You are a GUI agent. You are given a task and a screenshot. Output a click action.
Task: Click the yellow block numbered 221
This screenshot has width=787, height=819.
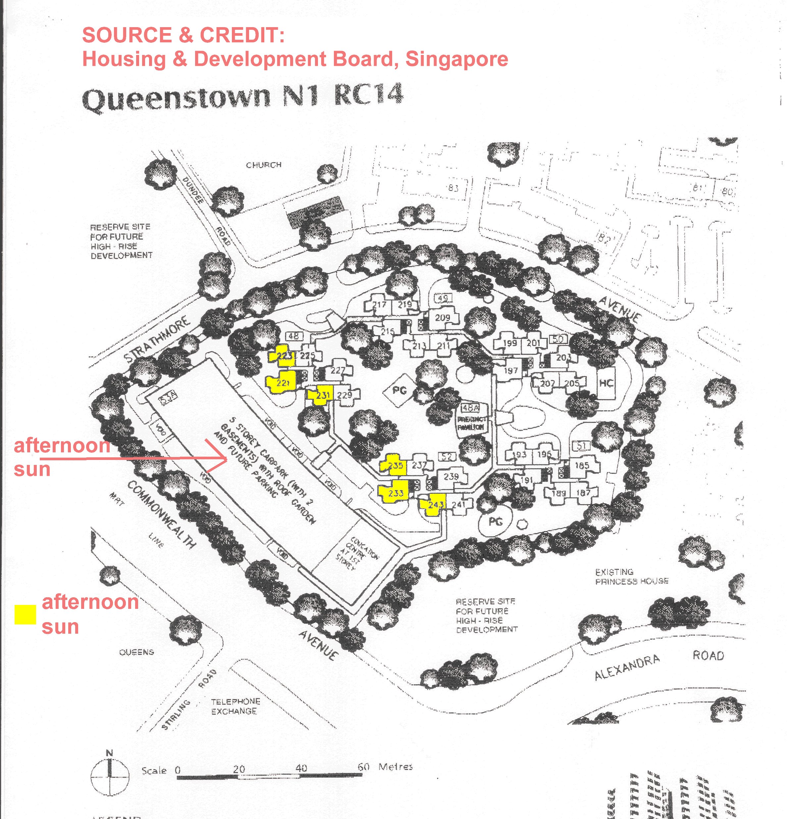pyautogui.click(x=282, y=382)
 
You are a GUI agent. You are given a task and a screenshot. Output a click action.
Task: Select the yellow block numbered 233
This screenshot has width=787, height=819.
pyautogui.click(x=395, y=493)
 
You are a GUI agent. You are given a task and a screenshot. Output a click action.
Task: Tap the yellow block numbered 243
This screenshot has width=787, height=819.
pyautogui.click(x=434, y=505)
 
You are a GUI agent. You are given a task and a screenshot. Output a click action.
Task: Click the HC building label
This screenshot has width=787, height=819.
pyautogui.click(x=605, y=383)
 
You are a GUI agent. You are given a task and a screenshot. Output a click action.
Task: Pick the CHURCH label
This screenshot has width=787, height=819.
pyautogui.click(x=263, y=165)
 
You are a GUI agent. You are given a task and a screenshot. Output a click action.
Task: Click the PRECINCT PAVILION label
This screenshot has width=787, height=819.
pyautogui.click(x=472, y=423)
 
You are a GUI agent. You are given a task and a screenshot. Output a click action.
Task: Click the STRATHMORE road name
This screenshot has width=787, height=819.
pyautogui.click(x=157, y=339)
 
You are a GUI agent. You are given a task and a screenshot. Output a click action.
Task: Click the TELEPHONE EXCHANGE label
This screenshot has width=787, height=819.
pyautogui.click(x=235, y=706)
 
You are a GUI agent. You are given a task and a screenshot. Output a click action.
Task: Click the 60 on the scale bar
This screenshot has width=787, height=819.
pyautogui.click(x=363, y=767)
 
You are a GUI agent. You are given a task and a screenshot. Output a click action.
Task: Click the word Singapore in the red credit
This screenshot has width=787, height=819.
pyautogui.click(x=457, y=59)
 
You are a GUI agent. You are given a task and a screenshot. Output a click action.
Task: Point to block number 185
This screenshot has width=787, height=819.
pyautogui.click(x=582, y=465)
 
